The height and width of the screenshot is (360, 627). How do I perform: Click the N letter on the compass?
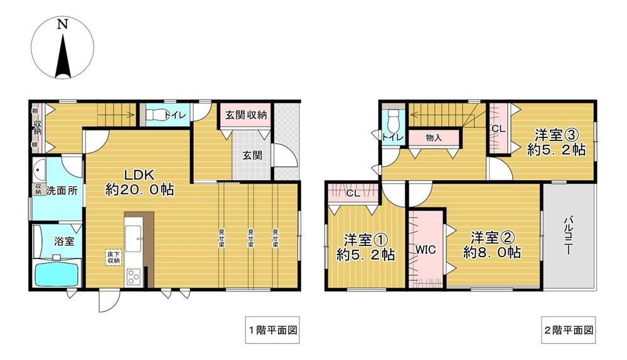click(62, 25)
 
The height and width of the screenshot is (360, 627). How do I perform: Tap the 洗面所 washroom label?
click(62, 191)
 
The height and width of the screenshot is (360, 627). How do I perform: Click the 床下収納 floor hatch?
click(113, 257)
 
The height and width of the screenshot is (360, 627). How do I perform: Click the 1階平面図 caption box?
click(271, 329)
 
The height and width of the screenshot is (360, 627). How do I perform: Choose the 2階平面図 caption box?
click(569, 329)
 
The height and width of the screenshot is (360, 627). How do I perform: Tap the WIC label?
click(425, 248)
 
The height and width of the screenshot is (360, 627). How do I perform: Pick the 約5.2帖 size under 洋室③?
click(556, 150)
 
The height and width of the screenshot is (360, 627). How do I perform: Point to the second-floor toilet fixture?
click(394, 119)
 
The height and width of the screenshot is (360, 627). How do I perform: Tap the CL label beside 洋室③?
click(498, 129)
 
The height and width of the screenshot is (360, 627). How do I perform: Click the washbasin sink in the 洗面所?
click(40, 171)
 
